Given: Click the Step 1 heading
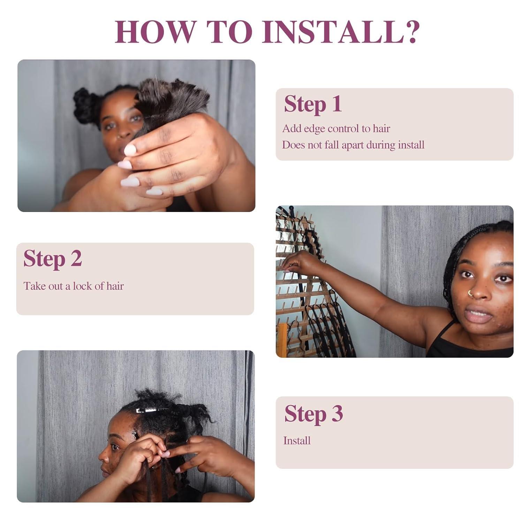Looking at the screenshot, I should (x=313, y=104).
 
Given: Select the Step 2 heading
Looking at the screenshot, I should (x=53, y=259).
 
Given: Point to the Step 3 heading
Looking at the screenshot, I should (x=313, y=414).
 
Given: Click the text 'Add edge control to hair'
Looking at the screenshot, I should (x=336, y=129).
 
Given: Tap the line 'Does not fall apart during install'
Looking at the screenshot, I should (x=353, y=145).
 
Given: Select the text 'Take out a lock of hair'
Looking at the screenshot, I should (x=74, y=286).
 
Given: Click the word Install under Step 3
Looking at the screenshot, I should (x=297, y=441).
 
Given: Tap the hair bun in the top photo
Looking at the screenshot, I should (x=84, y=101).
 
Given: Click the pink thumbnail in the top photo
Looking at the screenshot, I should (x=130, y=150).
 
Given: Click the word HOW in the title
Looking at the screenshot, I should (x=153, y=32).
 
